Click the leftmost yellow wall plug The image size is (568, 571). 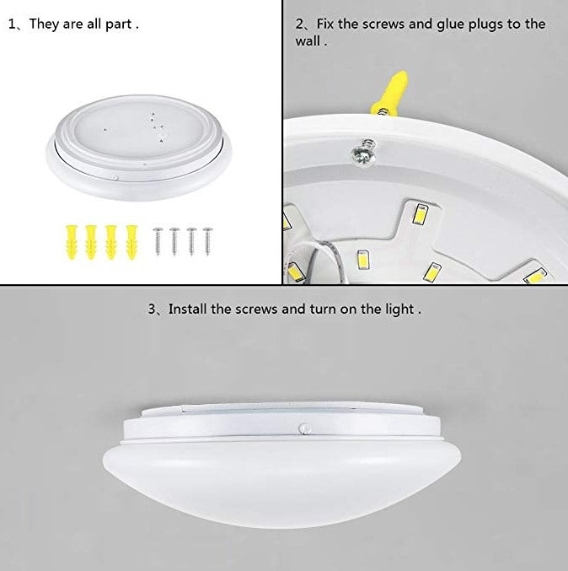coord(72,242)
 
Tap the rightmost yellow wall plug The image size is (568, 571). coord(131,242)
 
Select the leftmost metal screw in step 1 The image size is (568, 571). coord(158,241)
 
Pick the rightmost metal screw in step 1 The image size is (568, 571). coord(207,241)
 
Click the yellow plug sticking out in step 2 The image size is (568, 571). coord(389,93)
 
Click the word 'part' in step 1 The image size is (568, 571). coord(119,24)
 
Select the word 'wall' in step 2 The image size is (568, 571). coord(308,41)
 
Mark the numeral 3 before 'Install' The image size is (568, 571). coord(152,310)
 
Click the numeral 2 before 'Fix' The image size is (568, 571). coord(299,24)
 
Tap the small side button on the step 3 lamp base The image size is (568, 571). coord(304,428)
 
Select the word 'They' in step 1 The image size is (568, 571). coord(44,24)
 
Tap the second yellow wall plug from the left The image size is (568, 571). coord(91,242)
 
